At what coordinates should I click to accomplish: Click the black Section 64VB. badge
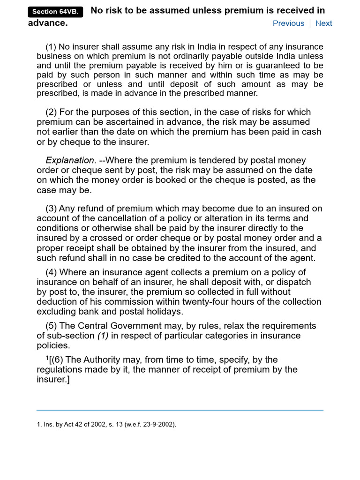[55, 12]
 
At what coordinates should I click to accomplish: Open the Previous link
[288, 23]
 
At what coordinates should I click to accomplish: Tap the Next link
[323, 23]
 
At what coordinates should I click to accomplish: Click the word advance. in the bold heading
[48, 23]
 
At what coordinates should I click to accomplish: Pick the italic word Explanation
[70, 160]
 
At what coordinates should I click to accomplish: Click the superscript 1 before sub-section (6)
[47, 358]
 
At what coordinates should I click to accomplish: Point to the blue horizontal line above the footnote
[180, 410]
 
